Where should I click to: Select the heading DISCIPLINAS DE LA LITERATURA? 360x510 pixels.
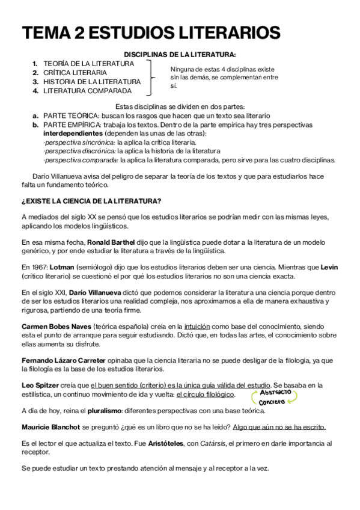point(180,54)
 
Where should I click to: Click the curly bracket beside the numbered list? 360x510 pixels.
point(153,77)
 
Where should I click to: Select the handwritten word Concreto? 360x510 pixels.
point(272,401)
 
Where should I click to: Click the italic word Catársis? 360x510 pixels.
point(215,443)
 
